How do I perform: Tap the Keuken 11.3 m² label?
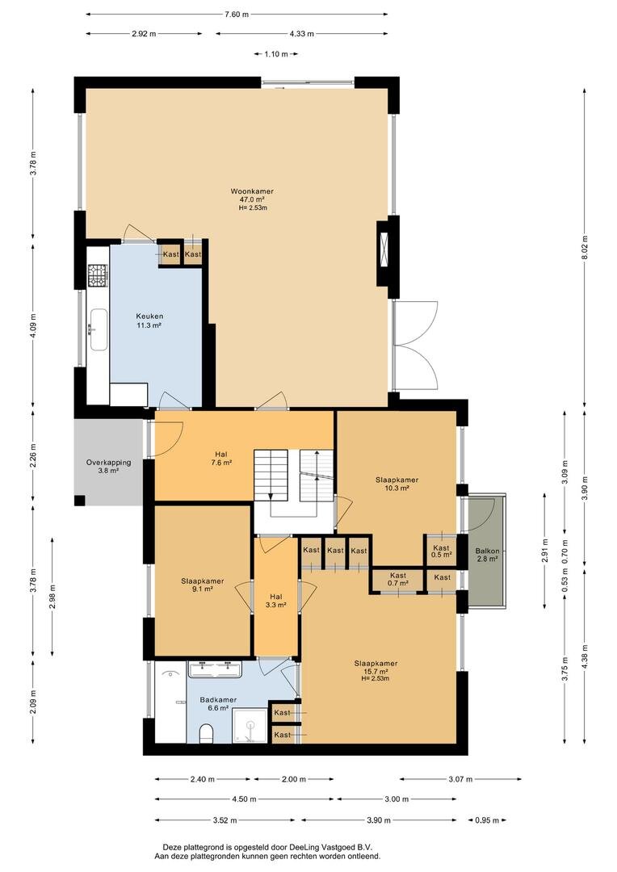tap(149, 321)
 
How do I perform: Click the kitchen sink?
tap(99, 329)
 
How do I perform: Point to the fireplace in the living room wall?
tap(384, 252)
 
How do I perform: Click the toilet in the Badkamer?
tap(205, 733)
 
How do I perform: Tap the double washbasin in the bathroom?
tap(215, 669)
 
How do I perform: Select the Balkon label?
tap(487, 555)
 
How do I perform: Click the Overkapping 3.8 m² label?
tap(108, 466)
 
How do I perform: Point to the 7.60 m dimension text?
tap(237, 15)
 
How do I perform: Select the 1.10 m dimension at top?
tap(276, 54)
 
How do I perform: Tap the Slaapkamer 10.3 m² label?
tap(397, 484)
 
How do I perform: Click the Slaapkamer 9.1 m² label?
tap(203, 585)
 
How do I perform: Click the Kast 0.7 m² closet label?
tap(398, 579)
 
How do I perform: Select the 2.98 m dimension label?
tap(52, 597)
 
